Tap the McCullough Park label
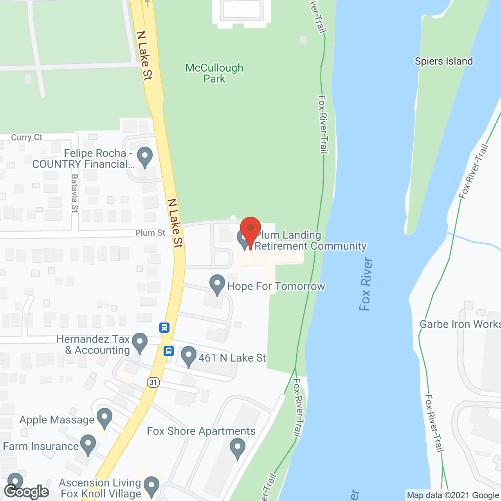[x=214, y=73]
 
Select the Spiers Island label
[x=443, y=61]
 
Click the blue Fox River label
[x=366, y=284]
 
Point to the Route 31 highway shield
[x=154, y=382]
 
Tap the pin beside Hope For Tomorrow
[x=217, y=284]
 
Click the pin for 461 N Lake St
[x=189, y=356]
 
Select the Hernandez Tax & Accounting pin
[x=139, y=342]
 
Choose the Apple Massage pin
[x=104, y=418]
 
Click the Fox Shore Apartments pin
[x=237, y=448]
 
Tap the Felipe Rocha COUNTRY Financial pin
[x=145, y=157]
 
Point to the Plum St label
[x=150, y=233]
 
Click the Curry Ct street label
[x=27, y=137]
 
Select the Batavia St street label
[x=75, y=193]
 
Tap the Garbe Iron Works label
[x=460, y=324]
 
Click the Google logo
[x=27, y=492]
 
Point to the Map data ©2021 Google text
[x=453, y=496]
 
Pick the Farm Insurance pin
[x=88, y=445]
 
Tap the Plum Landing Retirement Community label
[x=310, y=240]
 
